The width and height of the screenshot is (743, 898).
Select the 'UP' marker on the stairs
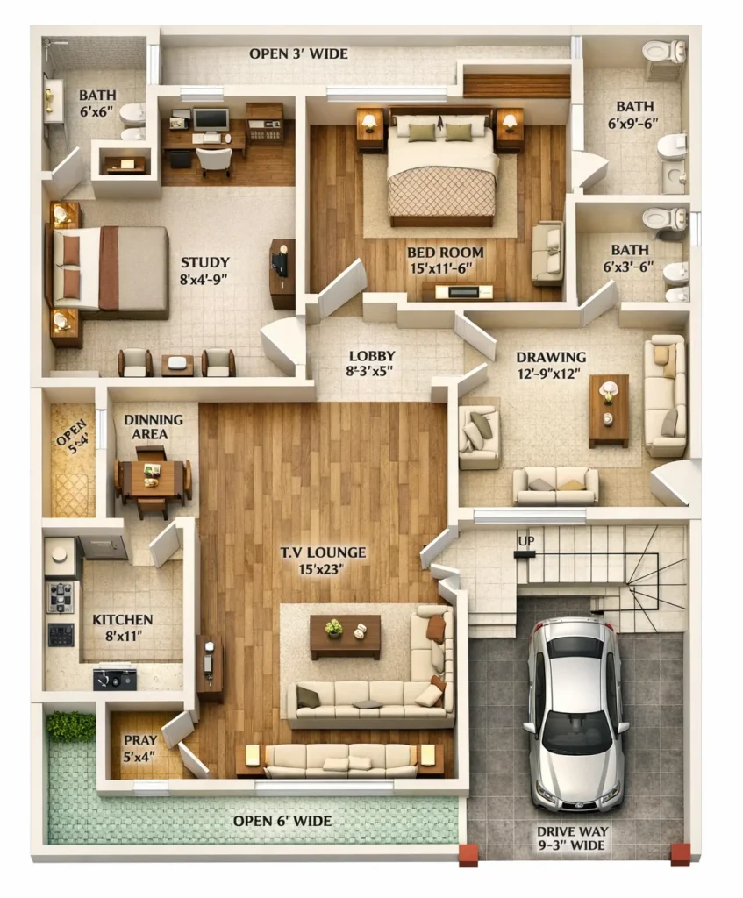(x=525, y=541)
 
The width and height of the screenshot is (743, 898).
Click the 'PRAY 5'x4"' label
(x=140, y=748)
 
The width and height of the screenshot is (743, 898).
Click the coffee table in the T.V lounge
(x=345, y=636)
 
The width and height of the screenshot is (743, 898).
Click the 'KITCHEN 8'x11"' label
(x=123, y=627)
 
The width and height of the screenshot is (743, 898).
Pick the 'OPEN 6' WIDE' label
(x=282, y=821)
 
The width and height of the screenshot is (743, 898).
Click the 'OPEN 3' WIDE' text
(x=298, y=53)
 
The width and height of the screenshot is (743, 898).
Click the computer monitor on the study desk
(x=211, y=119)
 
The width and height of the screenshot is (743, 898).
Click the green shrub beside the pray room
(x=71, y=725)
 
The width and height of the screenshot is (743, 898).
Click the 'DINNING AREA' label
(x=153, y=426)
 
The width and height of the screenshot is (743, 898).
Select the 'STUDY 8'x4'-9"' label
(x=205, y=270)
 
